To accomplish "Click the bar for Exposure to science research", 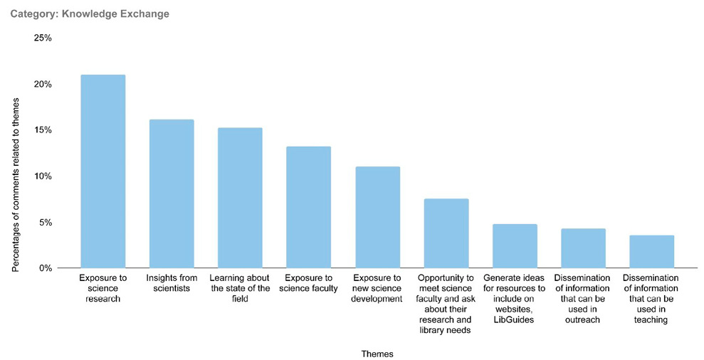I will pyautogui.click(x=103, y=171).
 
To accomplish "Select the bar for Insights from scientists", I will pyautogui.click(x=172, y=194).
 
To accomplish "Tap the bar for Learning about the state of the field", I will pyautogui.click(x=240, y=198).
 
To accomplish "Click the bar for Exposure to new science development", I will pyautogui.click(x=377, y=217).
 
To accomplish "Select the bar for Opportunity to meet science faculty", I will pyautogui.click(x=446, y=233).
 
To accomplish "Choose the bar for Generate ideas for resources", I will pyautogui.click(x=515, y=245).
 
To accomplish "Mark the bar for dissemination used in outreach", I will pyautogui.click(x=583, y=248).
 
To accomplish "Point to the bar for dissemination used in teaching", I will pyautogui.click(x=651, y=251).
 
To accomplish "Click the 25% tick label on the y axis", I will pyautogui.click(x=42, y=38).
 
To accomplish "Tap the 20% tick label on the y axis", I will pyautogui.click(x=42, y=84).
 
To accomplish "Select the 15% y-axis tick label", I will pyautogui.click(x=42, y=130).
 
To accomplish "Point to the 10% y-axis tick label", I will pyautogui.click(x=42, y=176).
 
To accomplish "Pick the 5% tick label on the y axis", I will pyautogui.click(x=44, y=222).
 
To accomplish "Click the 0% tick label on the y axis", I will pyautogui.click(x=44, y=268).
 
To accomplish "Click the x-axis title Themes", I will pyautogui.click(x=377, y=353).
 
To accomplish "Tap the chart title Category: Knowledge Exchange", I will pyautogui.click(x=90, y=14).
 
